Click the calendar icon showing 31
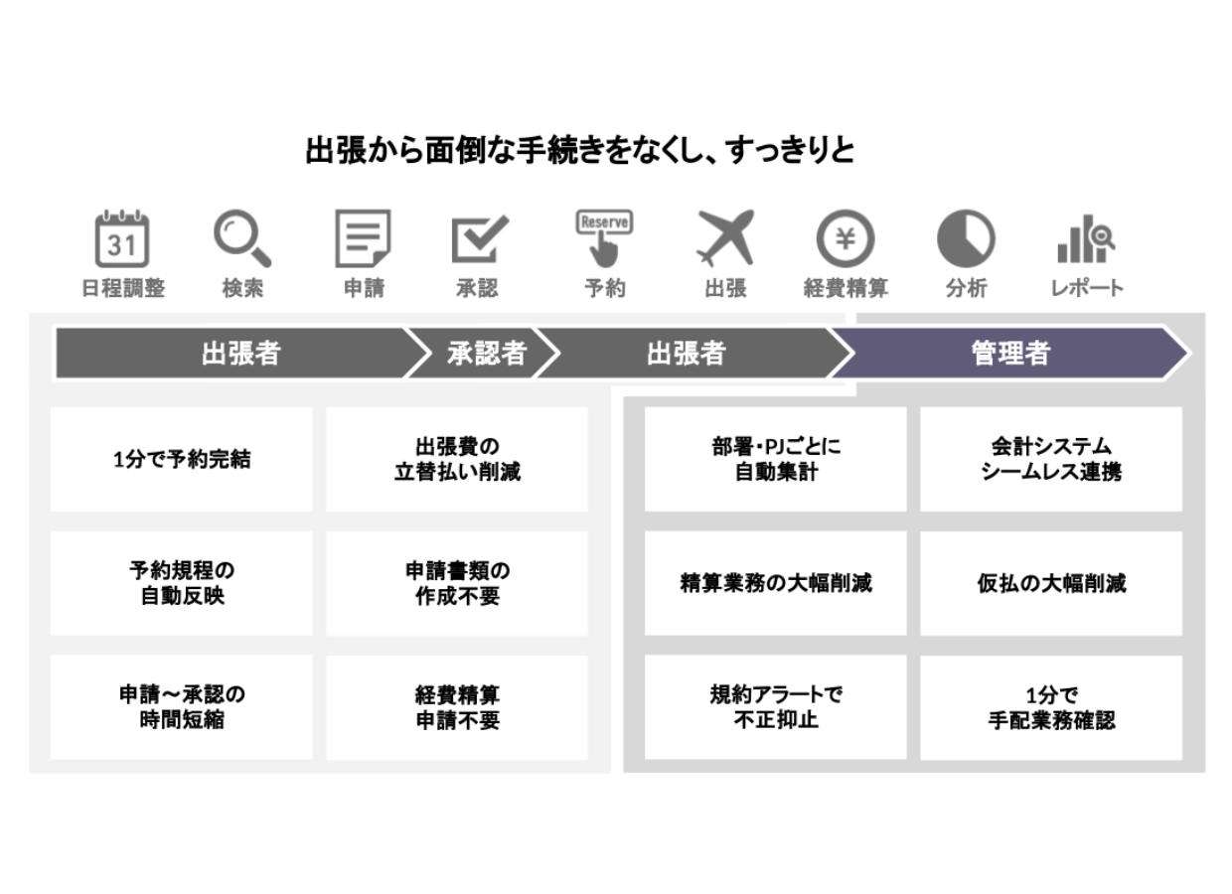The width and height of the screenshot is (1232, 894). point(122,238)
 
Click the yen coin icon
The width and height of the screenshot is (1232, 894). point(846,239)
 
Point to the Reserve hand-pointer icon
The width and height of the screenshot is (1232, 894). point(604,235)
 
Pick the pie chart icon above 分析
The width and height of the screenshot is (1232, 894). point(966,239)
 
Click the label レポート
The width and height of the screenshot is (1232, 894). point(1087,289)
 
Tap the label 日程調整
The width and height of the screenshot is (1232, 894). point(123,289)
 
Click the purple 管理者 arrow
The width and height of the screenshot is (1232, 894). point(1010,353)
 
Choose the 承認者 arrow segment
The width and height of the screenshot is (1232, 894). point(486,353)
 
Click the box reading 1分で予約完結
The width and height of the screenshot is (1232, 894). point(181,459)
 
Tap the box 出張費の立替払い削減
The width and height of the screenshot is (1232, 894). point(457,459)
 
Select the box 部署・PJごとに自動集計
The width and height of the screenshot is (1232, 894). point(775,459)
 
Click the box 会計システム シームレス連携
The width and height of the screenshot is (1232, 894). point(1051,459)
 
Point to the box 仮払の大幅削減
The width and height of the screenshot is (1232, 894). point(1051,583)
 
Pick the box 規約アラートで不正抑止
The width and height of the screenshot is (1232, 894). point(775,707)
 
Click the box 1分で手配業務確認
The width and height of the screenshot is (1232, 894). point(1051,707)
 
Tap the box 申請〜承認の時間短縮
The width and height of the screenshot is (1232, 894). point(181,707)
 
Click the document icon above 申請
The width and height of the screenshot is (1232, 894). point(363,238)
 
